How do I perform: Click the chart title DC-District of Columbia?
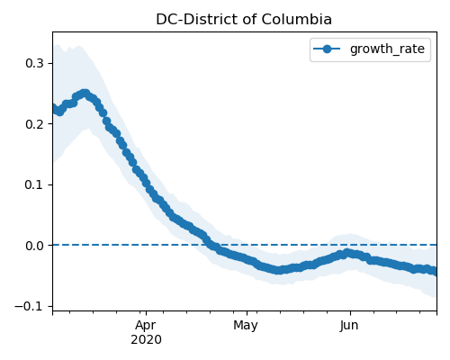tap(244, 20)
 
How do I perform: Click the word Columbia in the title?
tap(296, 20)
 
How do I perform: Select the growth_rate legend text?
tap(387, 49)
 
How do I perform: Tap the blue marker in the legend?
tap(327, 49)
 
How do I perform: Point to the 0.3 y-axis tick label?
tap(34, 63)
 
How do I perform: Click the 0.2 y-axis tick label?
tap(34, 124)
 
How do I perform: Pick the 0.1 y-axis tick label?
tap(34, 184)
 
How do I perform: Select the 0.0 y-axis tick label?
tap(34, 246)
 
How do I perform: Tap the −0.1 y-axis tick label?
tap(29, 306)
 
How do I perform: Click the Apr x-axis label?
tap(146, 326)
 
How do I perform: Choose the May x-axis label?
tap(246, 326)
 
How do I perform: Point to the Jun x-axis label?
tap(349, 326)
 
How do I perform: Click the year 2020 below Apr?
tap(146, 340)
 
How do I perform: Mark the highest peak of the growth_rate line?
tap(85, 94)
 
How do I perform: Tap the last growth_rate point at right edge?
tap(435, 271)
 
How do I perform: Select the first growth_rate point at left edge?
tap(54, 107)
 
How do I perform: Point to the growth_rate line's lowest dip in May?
tap(278, 270)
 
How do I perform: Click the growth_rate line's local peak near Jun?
tap(347, 253)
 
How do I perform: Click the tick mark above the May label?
tap(247, 313)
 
